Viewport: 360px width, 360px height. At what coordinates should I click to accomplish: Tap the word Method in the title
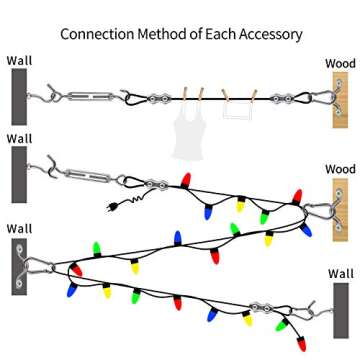[x=163, y=34]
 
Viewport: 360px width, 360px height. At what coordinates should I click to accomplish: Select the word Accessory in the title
[x=267, y=34]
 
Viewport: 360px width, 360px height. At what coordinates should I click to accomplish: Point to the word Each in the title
[x=221, y=34]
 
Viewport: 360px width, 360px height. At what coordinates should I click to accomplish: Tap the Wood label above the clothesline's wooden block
[x=340, y=64]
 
